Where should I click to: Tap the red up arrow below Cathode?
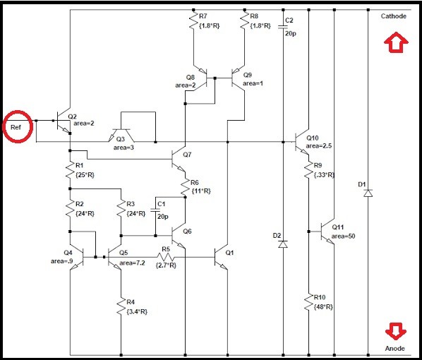click(396, 42)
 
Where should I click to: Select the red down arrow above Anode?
click(395, 331)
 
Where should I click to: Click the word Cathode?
click(393, 16)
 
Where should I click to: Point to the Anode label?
click(394, 349)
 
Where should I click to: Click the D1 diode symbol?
click(368, 193)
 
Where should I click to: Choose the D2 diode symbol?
click(283, 244)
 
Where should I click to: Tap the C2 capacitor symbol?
click(283, 27)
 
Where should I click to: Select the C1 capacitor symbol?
click(155, 210)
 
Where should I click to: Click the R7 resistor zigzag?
click(193, 20)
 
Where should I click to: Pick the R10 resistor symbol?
click(308, 302)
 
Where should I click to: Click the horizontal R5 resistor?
click(166, 257)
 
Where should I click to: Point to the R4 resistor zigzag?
click(121, 306)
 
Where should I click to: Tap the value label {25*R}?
click(85, 175)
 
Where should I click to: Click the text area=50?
click(343, 236)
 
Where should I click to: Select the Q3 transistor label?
click(120, 139)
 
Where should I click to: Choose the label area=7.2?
click(132, 263)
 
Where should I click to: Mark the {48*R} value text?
click(323, 307)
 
